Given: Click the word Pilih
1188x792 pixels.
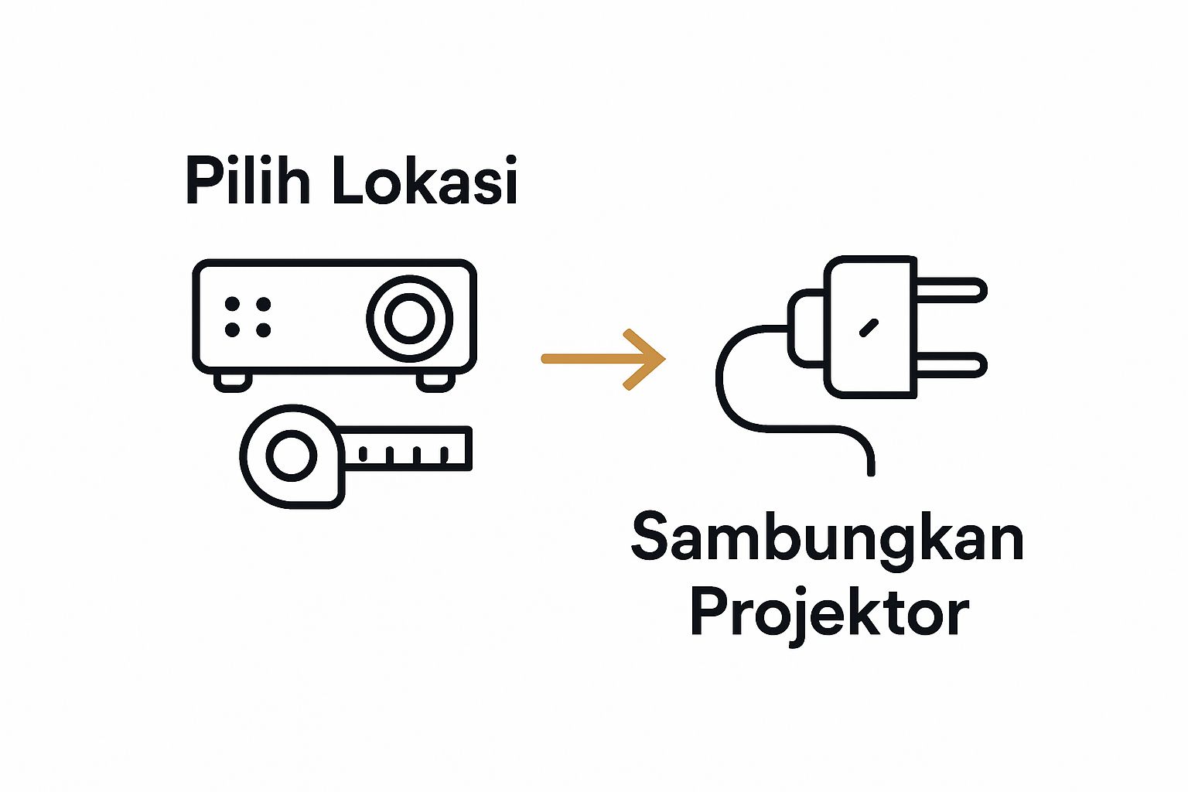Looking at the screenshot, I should tap(247, 181).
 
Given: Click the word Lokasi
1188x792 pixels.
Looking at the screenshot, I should tap(424, 181).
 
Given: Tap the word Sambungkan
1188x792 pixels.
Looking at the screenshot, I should tap(828, 539).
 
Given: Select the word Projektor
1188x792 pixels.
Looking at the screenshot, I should tap(829, 613).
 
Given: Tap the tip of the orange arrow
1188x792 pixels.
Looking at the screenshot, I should tap(663, 359).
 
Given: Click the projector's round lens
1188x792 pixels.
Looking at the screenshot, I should tap(409, 318).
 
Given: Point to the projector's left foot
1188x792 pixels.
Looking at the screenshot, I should tap(232, 381).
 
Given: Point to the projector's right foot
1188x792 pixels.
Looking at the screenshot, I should tap(435, 381).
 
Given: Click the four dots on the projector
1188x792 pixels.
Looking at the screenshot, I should tap(247, 317).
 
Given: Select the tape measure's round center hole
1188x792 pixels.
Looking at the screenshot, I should tap(292, 456).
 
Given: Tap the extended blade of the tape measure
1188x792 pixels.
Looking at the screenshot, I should tap(407, 448).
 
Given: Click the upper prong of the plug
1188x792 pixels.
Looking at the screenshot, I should tap(951, 290).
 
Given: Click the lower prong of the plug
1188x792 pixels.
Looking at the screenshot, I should tap(951, 364).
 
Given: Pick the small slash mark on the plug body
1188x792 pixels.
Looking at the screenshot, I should tap(869, 327).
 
